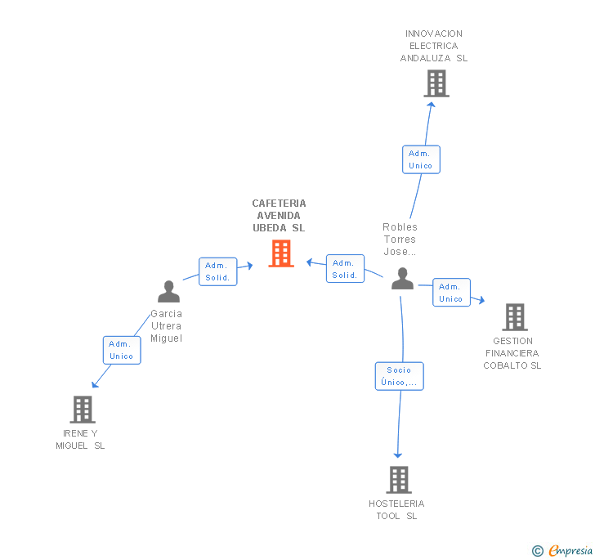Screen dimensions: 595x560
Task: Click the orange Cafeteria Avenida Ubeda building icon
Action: coord(281,253)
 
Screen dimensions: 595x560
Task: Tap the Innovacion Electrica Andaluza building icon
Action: coord(436,83)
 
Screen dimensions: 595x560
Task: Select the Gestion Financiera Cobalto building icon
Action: coord(514,316)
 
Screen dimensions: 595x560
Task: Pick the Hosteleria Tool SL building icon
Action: coord(399,480)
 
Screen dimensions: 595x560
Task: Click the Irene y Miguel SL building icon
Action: coord(83,409)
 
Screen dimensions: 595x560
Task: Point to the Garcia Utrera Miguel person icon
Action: coord(168,292)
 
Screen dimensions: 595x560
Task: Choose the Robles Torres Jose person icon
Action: coord(402,279)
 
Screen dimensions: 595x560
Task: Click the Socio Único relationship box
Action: coord(400,376)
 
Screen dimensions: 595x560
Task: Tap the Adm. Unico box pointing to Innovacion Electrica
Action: coord(421,159)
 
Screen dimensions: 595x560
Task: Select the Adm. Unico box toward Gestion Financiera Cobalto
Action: coord(451,293)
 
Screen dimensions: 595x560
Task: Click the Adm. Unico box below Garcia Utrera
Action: coord(122,350)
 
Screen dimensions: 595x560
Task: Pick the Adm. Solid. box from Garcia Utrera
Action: coord(217,271)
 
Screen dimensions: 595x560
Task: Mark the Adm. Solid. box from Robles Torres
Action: coord(345,269)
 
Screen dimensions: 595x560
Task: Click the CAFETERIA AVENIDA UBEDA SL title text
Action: coord(279,216)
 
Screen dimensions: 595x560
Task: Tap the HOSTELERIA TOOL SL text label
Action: coord(396,509)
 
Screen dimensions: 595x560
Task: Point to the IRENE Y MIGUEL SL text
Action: coord(80,439)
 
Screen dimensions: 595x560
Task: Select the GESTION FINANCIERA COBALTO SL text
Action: coord(512,353)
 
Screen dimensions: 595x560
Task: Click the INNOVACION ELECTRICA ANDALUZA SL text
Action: coord(434,46)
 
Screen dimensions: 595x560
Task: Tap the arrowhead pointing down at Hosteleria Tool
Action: coord(398,455)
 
